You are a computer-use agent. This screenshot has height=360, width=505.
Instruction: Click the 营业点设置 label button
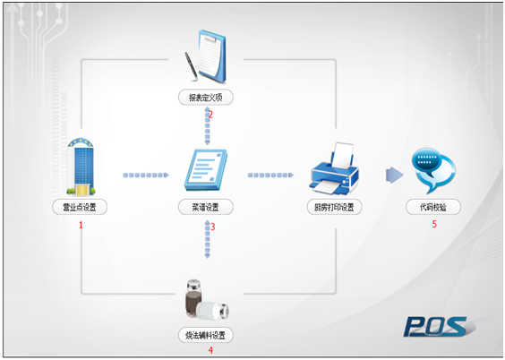click(x=80, y=207)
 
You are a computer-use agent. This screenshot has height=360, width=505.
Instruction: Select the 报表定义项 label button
click(x=206, y=98)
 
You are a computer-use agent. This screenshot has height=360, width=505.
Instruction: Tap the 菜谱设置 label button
click(x=206, y=207)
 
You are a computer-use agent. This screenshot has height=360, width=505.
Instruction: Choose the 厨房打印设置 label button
click(x=334, y=207)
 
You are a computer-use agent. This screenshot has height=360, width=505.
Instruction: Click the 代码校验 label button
click(x=433, y=207)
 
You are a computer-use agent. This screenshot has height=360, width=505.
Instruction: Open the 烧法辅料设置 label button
click(x=206, y=336)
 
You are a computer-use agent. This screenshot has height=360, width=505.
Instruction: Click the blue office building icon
click(x=81, y=167)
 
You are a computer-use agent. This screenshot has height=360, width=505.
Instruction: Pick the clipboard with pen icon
click(x=206, y=56)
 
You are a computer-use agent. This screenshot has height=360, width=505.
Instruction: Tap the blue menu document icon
click(x=206, y=169)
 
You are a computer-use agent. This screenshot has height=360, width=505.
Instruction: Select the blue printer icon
click(x=334, y=169)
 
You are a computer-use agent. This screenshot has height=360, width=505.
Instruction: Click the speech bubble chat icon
click(x=433, y=170)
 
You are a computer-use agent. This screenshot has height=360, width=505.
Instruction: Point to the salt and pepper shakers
click(x=207, y=299)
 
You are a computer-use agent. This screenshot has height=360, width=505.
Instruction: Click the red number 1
click(x=81, y=225)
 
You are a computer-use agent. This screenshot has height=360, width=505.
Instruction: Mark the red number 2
click(x=210, y=115)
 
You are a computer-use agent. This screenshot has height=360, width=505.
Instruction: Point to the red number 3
click(x=212, y=227)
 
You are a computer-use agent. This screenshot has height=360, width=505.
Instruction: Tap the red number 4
click(x=210, y=350)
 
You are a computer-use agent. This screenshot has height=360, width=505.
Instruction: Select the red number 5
click(x=434, y=224)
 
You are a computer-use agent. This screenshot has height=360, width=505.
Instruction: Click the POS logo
click(x=438, y=327)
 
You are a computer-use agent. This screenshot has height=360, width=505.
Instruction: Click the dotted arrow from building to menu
click(x=146, y=176)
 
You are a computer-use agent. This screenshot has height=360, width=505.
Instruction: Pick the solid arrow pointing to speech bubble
click(x=395, y=176)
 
